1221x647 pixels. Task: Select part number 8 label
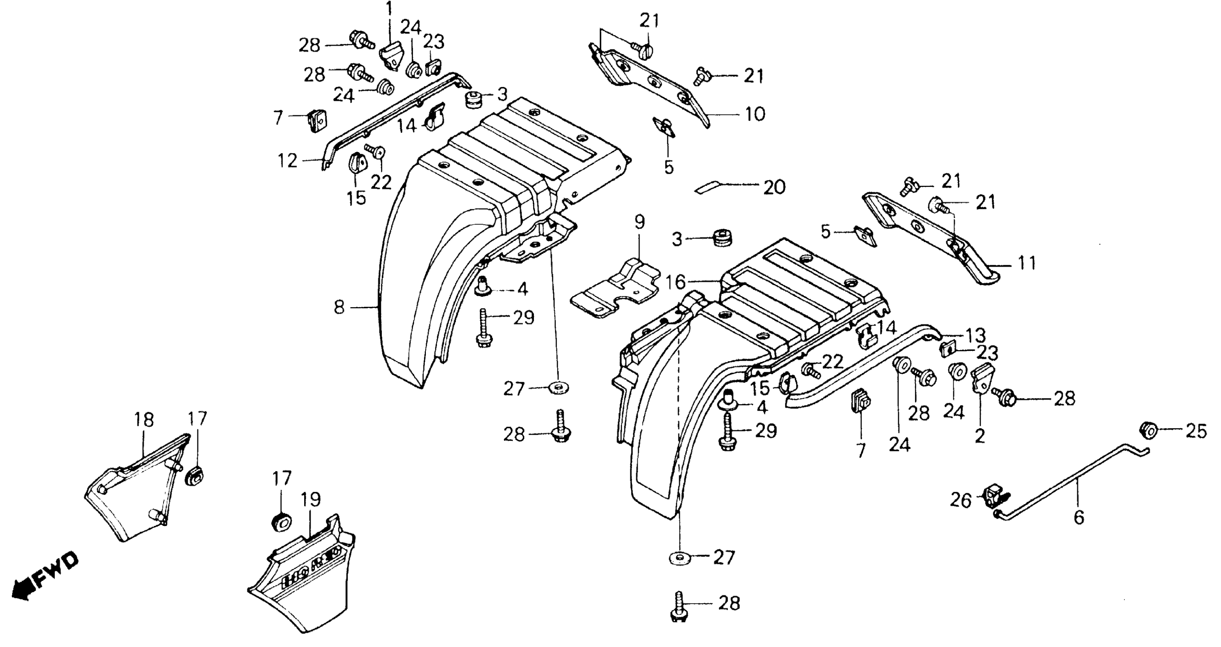tap(339, 308)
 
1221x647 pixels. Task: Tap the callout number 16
tap(675, 283)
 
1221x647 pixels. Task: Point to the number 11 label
tap(1027, 263)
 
